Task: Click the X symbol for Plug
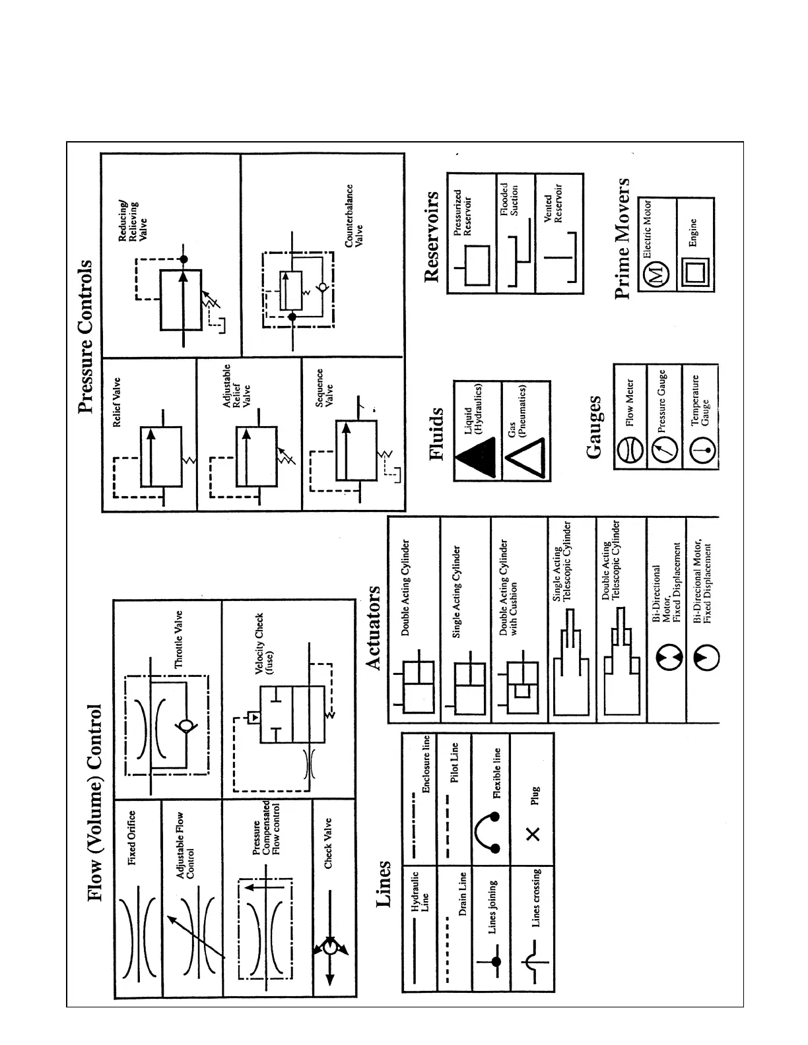click(x=533, y=834)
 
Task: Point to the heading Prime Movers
click(x=622, y=238)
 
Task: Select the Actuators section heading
click(x=374, y=627)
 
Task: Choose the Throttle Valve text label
click(x=178, y=639)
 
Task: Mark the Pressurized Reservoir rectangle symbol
click(x=477, y=265)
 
